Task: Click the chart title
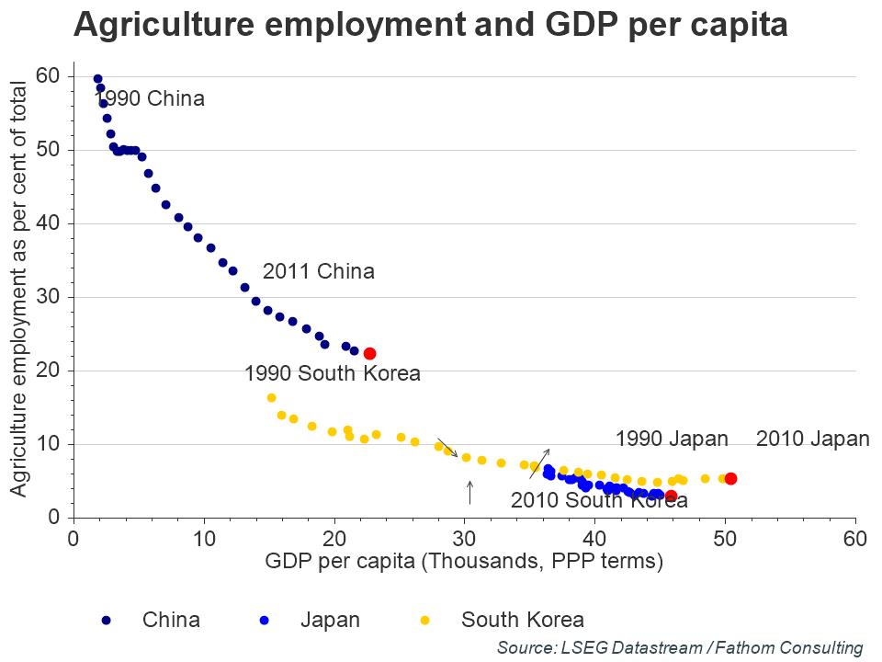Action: tap(430, 25)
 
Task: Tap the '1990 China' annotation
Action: tap(150, 98)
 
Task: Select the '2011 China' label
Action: tap(319, 271)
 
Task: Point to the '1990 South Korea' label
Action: tap(332, 373)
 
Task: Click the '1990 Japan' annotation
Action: tap(672, 439)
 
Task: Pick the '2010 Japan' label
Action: tap(812, 439)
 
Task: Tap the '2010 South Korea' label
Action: tap(599, 500)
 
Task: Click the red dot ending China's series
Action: tap(369, 353)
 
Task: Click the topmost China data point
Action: tap(97, 79)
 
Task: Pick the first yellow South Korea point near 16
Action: tap(271, 397)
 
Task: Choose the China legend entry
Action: tap(170, 620)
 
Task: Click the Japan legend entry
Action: tap(330, 620)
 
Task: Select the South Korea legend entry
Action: tap(522, 620)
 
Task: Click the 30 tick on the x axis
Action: tap(464, 537)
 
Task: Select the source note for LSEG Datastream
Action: tap(680, 647)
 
